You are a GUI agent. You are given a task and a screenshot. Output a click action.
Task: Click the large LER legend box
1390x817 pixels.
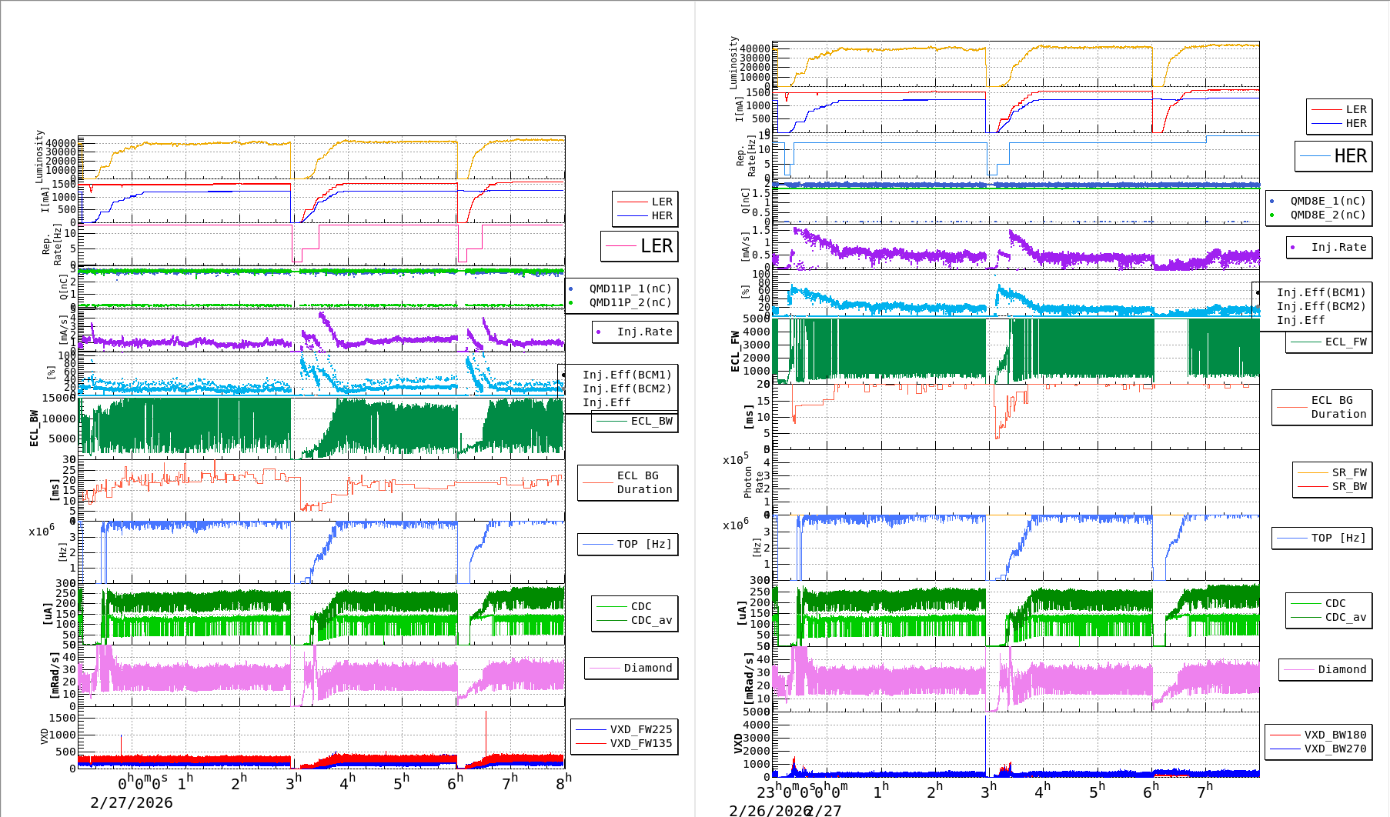tap(640, 246)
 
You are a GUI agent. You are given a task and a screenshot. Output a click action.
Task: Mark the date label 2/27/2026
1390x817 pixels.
tap(132, 802)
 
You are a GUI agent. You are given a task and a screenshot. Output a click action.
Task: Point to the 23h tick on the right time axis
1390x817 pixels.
tap(766, 791)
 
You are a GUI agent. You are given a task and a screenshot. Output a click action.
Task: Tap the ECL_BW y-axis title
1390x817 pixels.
tap(34, 428)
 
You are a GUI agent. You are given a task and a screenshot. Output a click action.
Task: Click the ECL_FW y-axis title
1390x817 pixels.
tap(735, 351)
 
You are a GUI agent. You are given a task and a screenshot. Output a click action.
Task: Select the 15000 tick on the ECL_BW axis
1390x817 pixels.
tap(59, 398)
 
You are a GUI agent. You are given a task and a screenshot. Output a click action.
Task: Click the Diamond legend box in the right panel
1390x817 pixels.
tap(1325, 669)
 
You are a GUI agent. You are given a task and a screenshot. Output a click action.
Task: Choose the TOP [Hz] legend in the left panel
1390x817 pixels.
tap(628, 544)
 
